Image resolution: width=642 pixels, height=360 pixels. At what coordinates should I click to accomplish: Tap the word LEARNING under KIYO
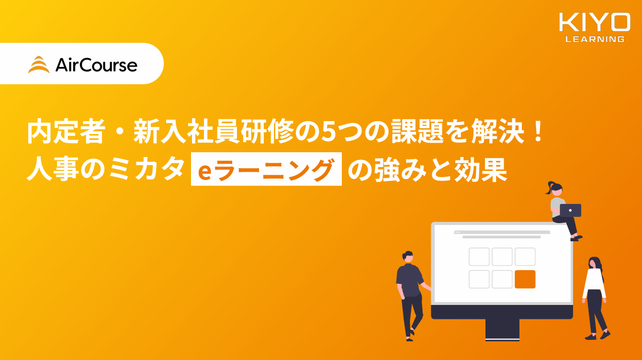(x=595, y=39)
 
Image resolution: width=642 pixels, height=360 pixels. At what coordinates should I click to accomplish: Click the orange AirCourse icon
(x=39, y=65)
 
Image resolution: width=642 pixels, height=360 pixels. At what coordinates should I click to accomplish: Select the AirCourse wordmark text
(x=96, y=65)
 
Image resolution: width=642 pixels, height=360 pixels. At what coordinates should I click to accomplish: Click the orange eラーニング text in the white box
(x=266, y=169)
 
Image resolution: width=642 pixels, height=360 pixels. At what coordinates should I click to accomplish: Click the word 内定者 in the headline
(x=65, y=131)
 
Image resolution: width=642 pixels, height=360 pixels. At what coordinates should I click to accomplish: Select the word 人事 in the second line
(x=53, y=169)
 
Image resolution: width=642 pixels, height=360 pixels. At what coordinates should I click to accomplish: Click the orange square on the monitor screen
(x=525, y=279)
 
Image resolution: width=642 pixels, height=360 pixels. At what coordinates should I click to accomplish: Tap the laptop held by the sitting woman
(x=570, y=210)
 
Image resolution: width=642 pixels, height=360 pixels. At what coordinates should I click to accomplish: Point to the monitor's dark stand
(x=502, y=330)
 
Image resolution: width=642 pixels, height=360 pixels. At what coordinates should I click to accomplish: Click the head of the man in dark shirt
(x=407, y=256)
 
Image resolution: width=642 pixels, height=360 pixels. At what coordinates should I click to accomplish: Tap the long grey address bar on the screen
(x=502, y=232)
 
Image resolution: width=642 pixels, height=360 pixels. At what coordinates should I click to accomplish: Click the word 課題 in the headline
(x=417, y=131)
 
